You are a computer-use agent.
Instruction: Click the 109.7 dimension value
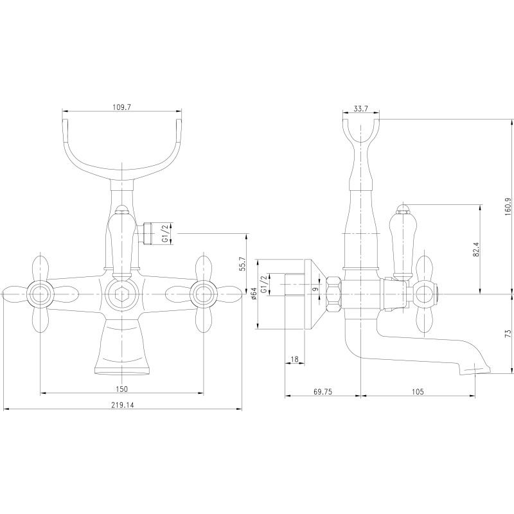click(x=121, y=107)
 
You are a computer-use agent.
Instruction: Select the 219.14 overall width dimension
click(x=122, y=405)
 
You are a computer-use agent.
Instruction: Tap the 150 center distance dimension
click(x=121, y=389)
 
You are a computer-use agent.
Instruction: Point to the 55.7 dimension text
click(x=242, y=263)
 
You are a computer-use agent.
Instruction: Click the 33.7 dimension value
click(x=361, y=109)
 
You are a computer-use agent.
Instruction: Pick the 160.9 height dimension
click(x=508, y=206)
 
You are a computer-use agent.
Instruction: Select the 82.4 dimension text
click(x=477, y=249)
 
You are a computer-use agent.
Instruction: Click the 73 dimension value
click(x=508, y=333)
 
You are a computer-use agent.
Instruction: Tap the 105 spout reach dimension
click(x=418, y=391)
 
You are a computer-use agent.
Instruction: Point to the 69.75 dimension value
click(x=323, y=391)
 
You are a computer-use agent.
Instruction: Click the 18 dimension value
click(x=295, y=359)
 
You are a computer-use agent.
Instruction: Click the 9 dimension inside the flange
click(x=315, y=289)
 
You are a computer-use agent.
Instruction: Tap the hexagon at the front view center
click(x=121, y=294)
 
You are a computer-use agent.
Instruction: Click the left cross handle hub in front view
click(x=40, y=294)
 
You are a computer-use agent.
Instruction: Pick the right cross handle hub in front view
click(x=203, y=294)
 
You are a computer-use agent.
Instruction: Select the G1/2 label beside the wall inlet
click(x=263, y=285)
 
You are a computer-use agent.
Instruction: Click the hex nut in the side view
click(x=333, y=294)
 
